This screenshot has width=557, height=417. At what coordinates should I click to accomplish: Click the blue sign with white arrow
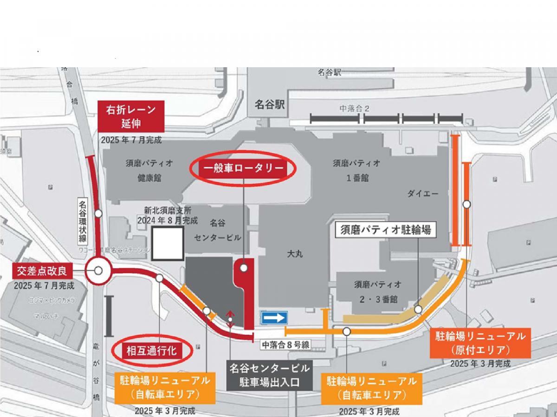[x=274, y=318]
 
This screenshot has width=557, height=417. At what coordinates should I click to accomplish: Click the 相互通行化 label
[x=152, y=351]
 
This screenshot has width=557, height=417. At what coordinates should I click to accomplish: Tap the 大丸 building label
[x=296, y=254]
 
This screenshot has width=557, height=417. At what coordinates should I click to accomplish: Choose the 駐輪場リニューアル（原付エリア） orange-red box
[x=480, y=342]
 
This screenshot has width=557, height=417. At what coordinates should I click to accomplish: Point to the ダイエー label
[x=423, y=194]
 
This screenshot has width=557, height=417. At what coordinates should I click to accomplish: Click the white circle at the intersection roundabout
[x=98, y=271]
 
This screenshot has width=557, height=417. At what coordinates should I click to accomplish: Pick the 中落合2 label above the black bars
[x=355, y=109]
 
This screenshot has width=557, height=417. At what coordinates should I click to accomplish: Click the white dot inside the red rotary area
[x=243, y=267]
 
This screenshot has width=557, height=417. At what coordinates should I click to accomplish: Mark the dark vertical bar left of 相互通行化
[x=109, y=316]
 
